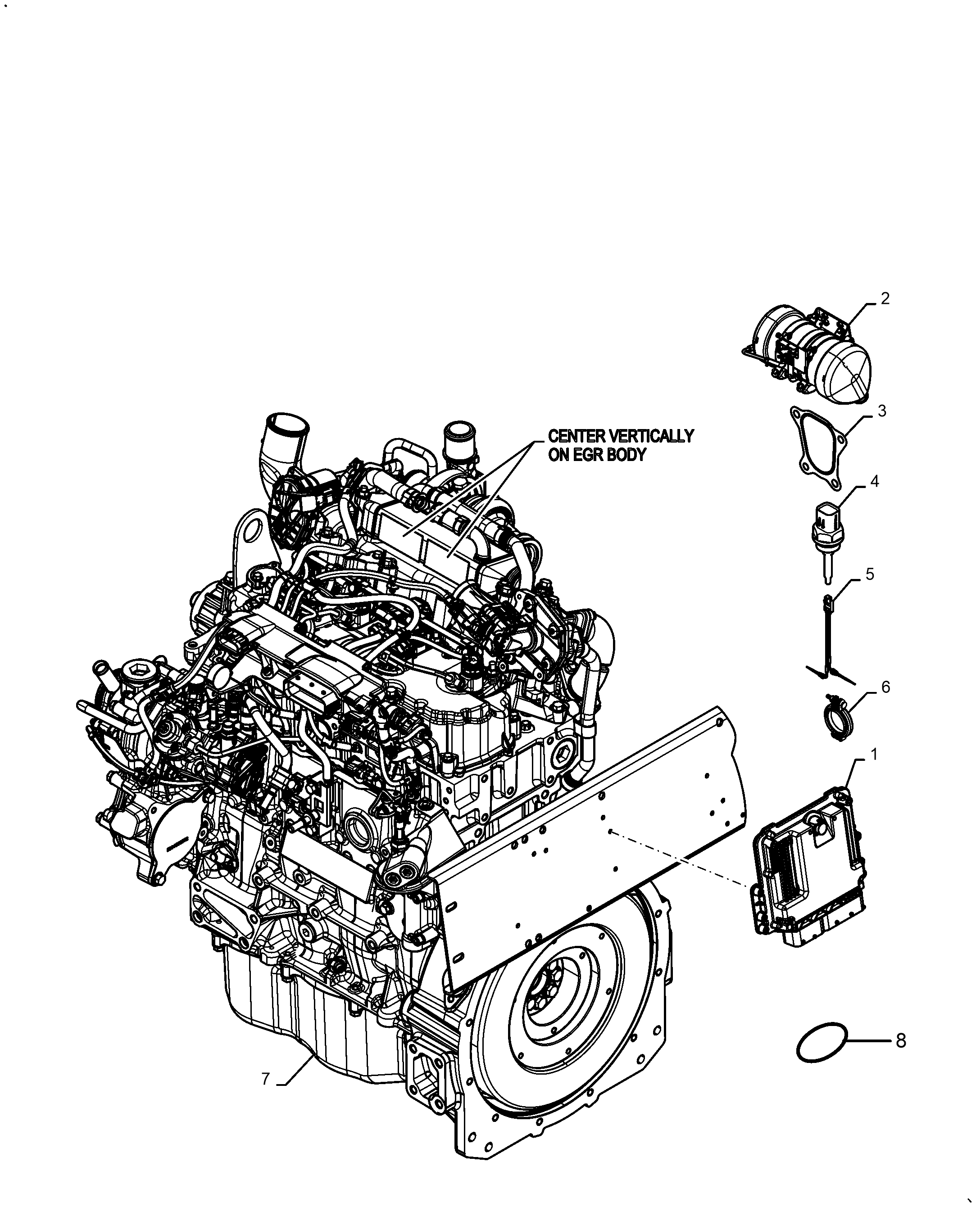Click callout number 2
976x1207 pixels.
(885, 298)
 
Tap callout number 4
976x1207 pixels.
(874, 482)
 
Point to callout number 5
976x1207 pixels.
(870, 574)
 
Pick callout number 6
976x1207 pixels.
(885, 687)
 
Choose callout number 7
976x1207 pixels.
(266, 1079)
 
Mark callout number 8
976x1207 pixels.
(901, 1041)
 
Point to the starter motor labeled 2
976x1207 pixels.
(810, 354)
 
